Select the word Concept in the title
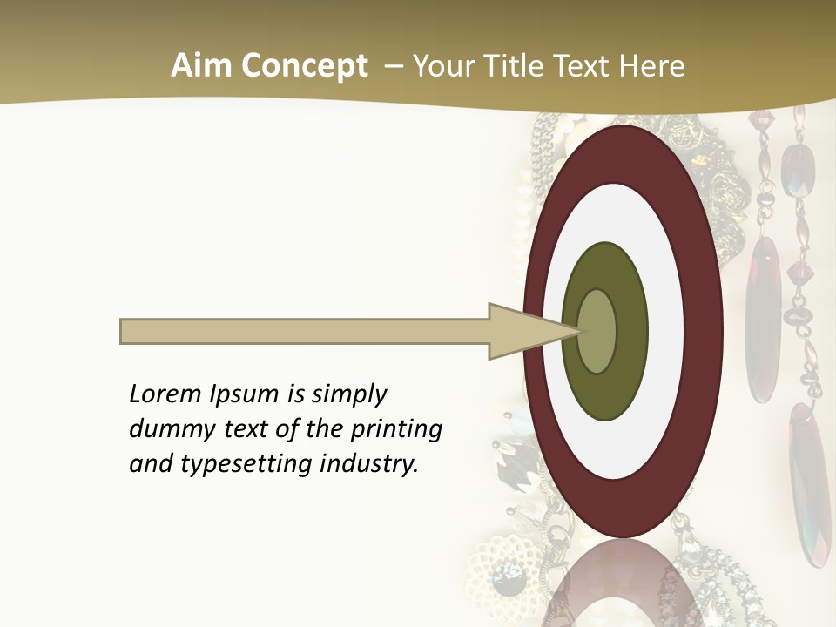(303, 66)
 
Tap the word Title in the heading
(516, 66)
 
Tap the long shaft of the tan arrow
(305, 331)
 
